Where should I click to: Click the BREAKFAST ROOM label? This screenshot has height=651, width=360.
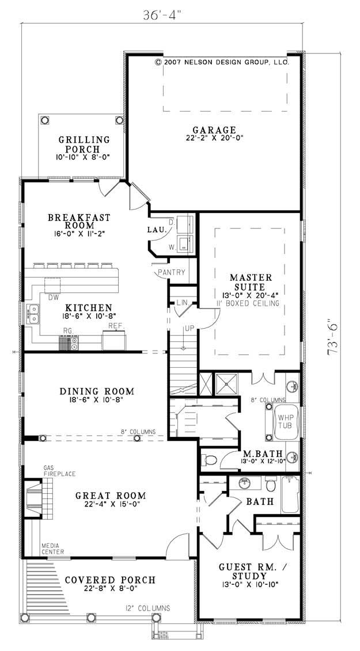click(x=79, y=222)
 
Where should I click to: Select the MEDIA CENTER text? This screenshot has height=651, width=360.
click(x=52, y=549)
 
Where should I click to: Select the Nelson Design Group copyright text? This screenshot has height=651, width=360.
click(x=221, y=62)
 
